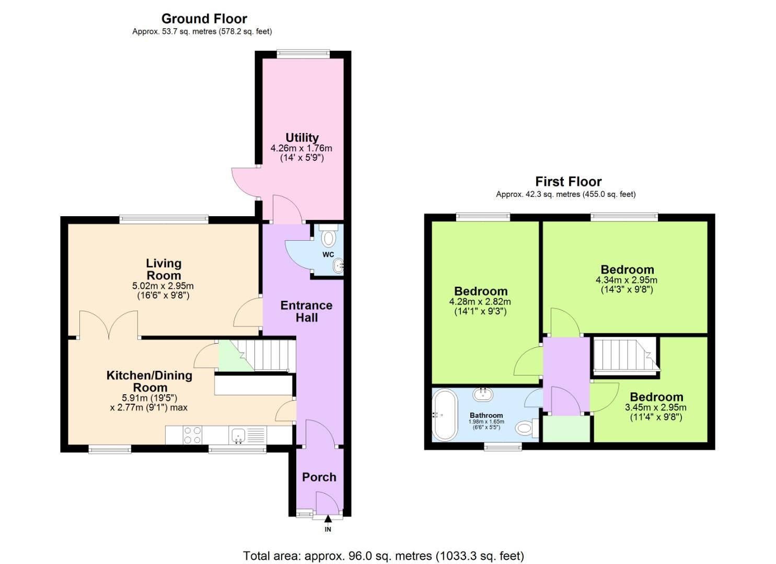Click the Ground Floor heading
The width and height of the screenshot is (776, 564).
[204, 19]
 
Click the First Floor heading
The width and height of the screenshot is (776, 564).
[568, 182]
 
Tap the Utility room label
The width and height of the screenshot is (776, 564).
[302, 138]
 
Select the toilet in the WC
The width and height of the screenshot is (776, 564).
[328, 238]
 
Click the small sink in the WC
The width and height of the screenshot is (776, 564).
[338, 266]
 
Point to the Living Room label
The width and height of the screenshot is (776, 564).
[163, 269]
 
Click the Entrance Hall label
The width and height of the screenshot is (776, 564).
[306, 311]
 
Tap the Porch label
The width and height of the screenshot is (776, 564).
[319, 477]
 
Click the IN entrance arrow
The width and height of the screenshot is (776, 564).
[328, 520]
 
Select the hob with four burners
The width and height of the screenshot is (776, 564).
[192, 436]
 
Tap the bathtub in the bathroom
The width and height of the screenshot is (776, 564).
[445, 415]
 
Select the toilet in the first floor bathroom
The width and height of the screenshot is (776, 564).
[525, 428]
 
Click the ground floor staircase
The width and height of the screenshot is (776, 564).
[267, 355]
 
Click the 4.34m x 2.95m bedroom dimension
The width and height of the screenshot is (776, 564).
[627, 280]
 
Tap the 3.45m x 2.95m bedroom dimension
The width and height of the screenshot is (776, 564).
[656, 407]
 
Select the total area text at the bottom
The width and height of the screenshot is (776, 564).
[383, 556]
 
